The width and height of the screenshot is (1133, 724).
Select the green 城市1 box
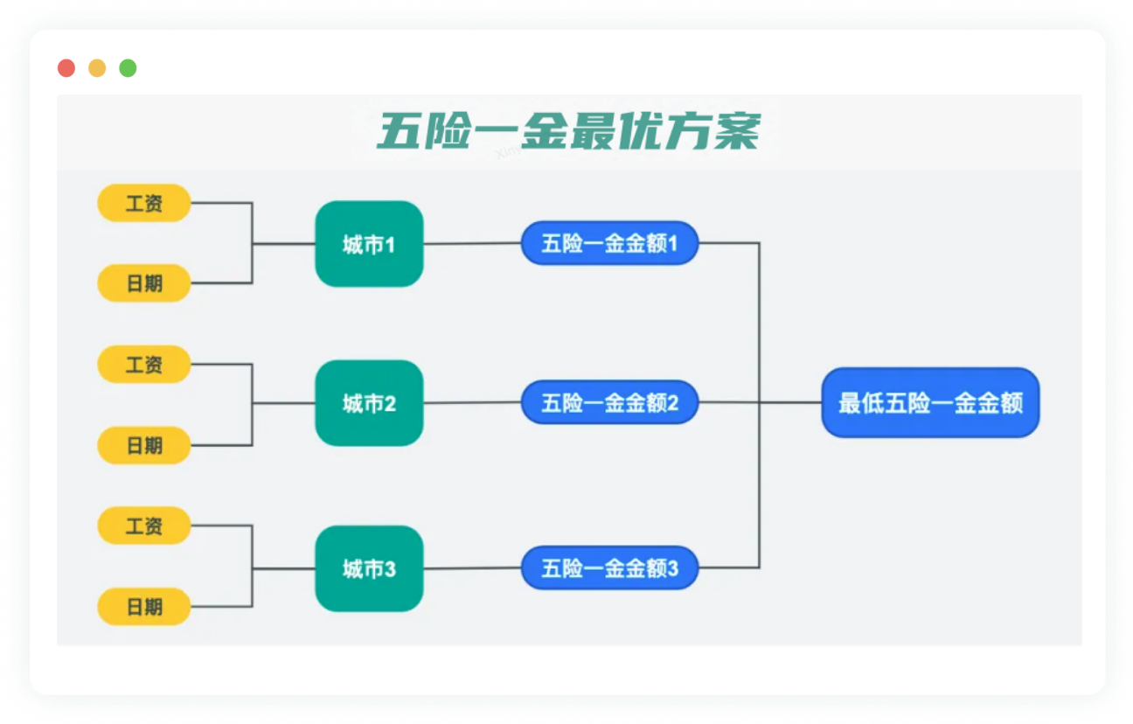click(x=369, y=244)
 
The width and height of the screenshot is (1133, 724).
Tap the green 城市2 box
click(x=369, y=403)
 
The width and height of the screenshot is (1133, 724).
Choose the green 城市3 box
click(x=369, y=568)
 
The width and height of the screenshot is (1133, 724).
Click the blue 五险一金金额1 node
click(x=609, y=243)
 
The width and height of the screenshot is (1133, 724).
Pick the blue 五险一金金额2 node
click(x=609, y=403)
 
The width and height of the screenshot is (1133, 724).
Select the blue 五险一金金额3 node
click(x=609, y=568)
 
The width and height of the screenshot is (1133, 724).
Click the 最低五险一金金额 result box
click(x=930, y=403)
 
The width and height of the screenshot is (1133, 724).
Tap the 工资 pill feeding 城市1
click(x=144, y=203)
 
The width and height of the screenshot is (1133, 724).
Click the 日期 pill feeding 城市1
click(x=144, y=283)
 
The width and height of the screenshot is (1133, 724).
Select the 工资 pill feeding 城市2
click(x=144, y=364)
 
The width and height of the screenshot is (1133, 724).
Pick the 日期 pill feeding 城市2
click(x=144, y=445)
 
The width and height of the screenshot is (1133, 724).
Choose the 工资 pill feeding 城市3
click(x=144, y=526)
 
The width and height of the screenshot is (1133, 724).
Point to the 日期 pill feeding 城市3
click(x=144, y=606)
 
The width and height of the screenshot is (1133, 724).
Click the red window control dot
click(x=66, y=68)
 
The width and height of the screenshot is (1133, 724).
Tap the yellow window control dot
click(x=97, y=68)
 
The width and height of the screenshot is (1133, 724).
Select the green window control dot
click(x=128, y=68)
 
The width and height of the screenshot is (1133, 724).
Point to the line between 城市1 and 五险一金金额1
click(x=472, y=244)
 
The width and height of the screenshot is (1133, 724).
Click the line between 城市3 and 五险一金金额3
click(x=472, y=569)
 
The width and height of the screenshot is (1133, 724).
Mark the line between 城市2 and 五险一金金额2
click(x=472, y=403)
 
